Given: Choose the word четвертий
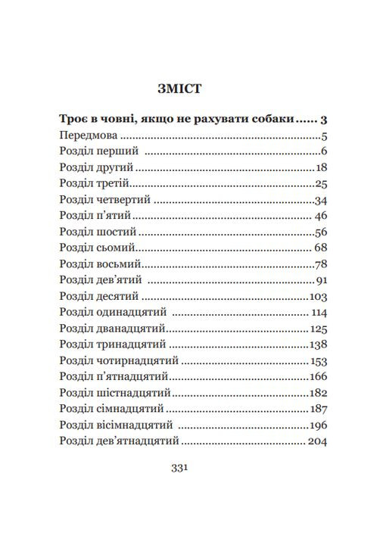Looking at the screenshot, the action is pyautogui.click(x=123, y=201).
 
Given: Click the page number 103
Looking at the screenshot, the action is pyautogui.click(x=318, y=296).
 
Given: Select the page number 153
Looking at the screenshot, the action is pyautogui.click(x=318, y=360).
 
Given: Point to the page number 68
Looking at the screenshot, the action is pyautogui.click(x=319, y=248).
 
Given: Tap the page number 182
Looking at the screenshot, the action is pyautogui.click(x=318, y=393).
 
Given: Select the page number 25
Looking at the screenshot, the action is pyautogui.click(x=320, y=184).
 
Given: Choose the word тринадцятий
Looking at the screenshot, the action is pyautogui.click(x=129, y=344).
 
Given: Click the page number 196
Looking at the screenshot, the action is pyautogui.click(x=318, y=425).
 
